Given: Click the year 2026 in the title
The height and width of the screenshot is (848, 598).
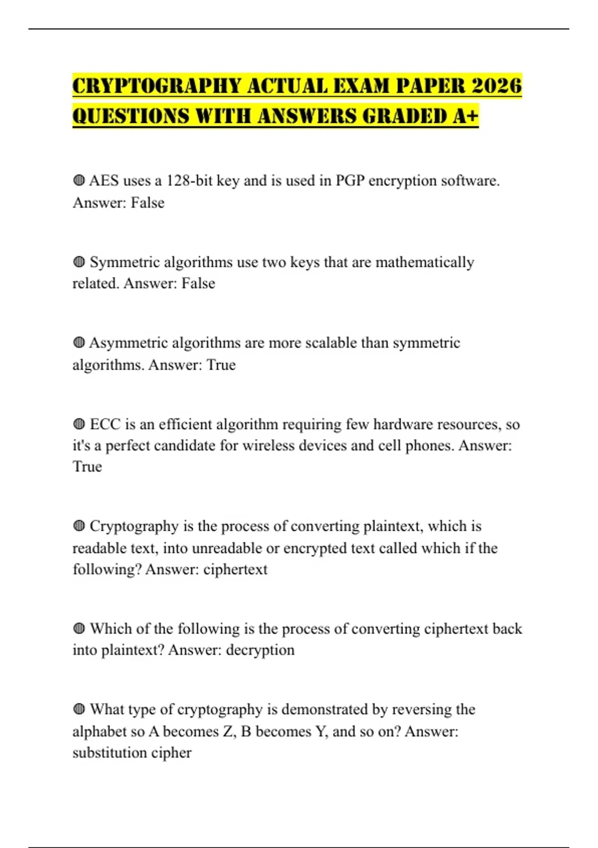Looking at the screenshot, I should coord(496,86).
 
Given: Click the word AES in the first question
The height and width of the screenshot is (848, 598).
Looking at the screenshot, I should coord(104,181).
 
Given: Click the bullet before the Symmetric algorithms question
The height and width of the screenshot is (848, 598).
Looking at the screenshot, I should coord(79,262).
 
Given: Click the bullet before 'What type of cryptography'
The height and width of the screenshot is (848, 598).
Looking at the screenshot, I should coord(79,709).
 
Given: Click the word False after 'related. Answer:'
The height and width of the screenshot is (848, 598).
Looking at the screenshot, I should coord(198,283).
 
